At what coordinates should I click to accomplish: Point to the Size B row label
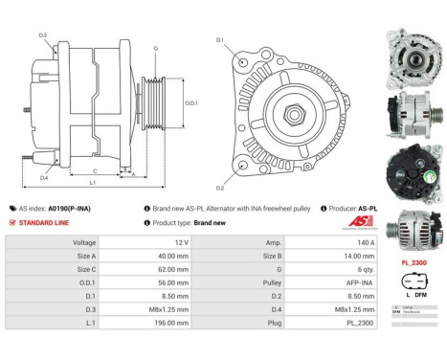257,257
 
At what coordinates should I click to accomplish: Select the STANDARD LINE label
44,222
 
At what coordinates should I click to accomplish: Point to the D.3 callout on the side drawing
44,35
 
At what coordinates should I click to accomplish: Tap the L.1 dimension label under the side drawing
92,183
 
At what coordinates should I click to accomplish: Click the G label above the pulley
155,47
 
